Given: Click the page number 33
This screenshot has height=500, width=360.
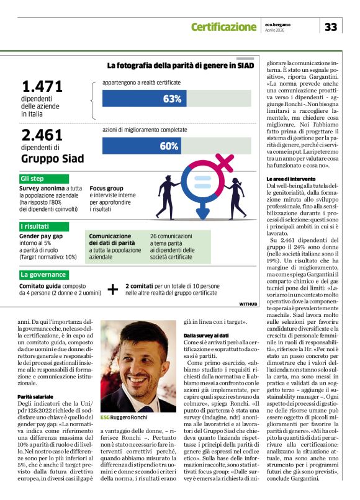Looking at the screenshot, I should coord(331,27).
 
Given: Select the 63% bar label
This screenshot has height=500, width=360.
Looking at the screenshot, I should coord(172,99).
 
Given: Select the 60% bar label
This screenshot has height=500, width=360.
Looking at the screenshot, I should coord(169,146).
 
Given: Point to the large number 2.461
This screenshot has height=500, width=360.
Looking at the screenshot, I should coord(42,135).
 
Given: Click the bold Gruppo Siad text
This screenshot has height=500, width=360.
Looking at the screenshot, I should coord(52,159).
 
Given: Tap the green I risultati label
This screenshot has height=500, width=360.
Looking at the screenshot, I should coord(35,226).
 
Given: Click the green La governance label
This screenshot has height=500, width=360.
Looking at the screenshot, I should coord(43,274).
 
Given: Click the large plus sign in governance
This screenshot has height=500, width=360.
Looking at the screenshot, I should coord(113,289).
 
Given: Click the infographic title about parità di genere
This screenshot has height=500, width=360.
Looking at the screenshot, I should coord(181,65).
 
